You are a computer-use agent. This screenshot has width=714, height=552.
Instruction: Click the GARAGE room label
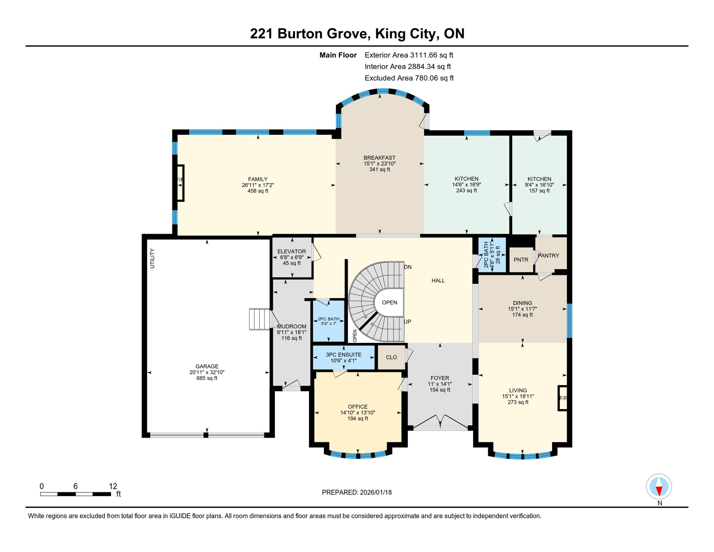(x=207, y=366)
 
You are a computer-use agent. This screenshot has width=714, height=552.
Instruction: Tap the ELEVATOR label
(x=292, y=252)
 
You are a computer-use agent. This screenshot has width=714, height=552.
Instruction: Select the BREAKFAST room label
(x=380, y=158)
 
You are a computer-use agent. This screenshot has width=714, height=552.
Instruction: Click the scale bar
(x=75, y=494)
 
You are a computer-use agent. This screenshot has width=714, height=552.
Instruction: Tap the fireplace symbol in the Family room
(x=180, y=183)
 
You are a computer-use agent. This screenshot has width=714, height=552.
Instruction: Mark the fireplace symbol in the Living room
(x=562, y=398)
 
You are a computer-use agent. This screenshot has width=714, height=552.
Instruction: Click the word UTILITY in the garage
(x=152, y=258)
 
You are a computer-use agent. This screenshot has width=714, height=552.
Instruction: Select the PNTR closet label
(x=521, y=260)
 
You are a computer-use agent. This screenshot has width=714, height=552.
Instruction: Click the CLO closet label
(x=391, y=357)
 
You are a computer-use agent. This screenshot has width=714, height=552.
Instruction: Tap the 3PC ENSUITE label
(x=344, y=355)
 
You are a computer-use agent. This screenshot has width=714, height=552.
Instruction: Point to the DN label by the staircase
(x=408, y=267)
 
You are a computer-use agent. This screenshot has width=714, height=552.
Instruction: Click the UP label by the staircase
(x=408, y=322)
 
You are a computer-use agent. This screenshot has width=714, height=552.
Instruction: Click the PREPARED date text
(x=357, y=492)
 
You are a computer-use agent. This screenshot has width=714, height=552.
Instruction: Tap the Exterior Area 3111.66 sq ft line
(x=409, y=55)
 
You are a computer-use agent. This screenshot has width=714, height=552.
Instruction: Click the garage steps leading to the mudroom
(x=259, y=319)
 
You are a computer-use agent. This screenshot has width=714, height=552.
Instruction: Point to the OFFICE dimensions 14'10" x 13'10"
(x=358, y=413)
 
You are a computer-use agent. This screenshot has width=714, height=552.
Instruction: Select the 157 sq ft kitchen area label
(x=539, y=191)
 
